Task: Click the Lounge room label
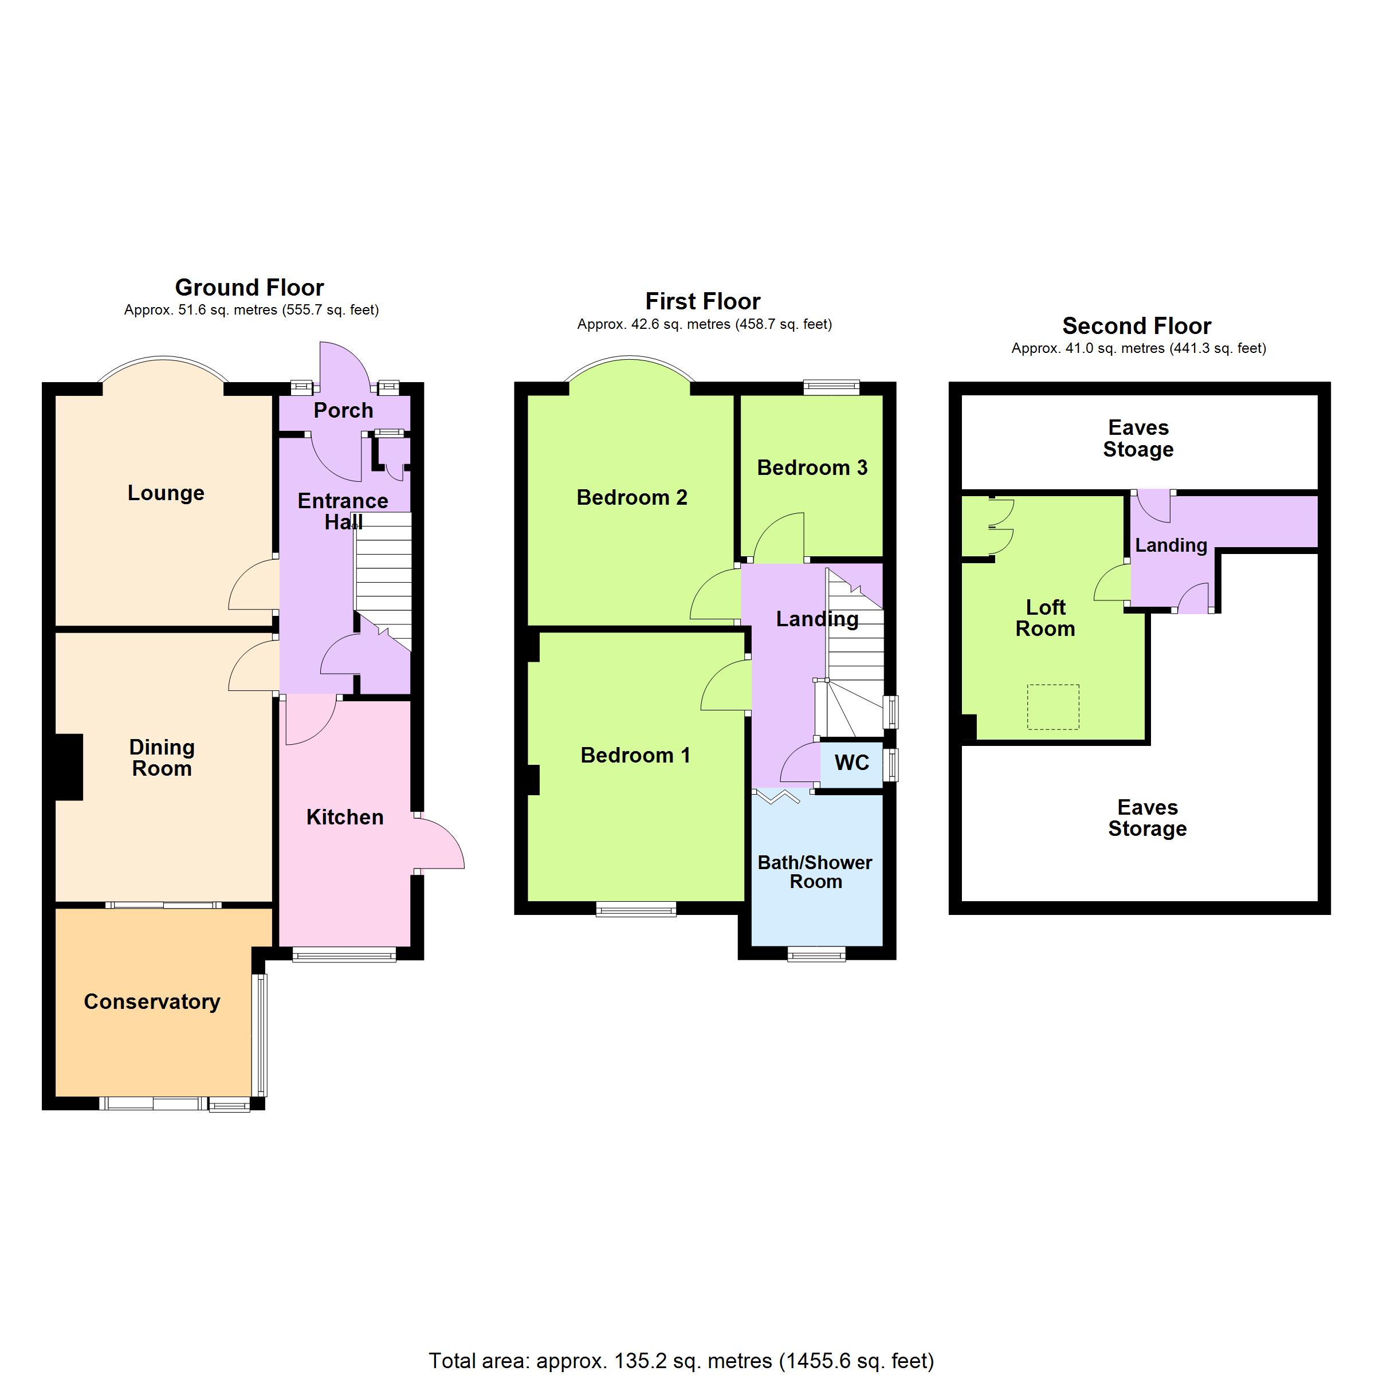pos(166,493)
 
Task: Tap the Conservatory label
pos(152,1002)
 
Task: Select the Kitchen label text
pos(345,817)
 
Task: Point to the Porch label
pos(343,411)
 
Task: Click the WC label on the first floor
pos(852,763)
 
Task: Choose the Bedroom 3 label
pos(812,467)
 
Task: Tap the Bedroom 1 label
pos(635,755)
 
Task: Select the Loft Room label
pos(1046,618)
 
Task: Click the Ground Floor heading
pos(249,288)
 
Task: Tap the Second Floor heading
pos(1137,326)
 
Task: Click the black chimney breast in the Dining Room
pos(69,767)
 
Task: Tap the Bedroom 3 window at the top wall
pos(831,388)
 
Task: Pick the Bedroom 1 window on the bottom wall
pos(637,909)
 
